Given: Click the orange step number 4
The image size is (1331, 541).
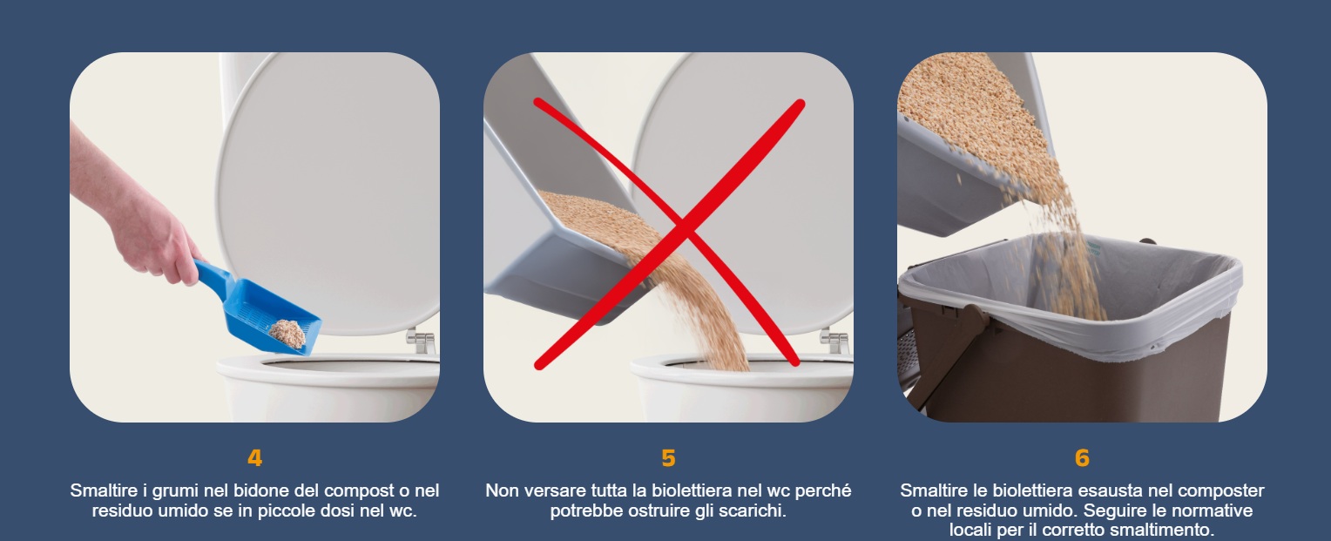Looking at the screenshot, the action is click(x=255, y=457).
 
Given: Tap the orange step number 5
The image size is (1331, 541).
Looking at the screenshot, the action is click(x=668, y=457).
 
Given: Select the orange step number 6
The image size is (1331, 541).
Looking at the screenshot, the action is click(x=1082, y=457).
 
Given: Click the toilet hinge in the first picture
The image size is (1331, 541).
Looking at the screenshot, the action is click(x=421, y=341).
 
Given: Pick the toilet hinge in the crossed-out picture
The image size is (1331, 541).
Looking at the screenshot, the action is click(x=834, y=341).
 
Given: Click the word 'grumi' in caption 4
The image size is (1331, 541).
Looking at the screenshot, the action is click(x=176, y=491).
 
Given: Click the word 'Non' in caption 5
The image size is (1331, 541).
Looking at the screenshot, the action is click(x=500, y=490).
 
